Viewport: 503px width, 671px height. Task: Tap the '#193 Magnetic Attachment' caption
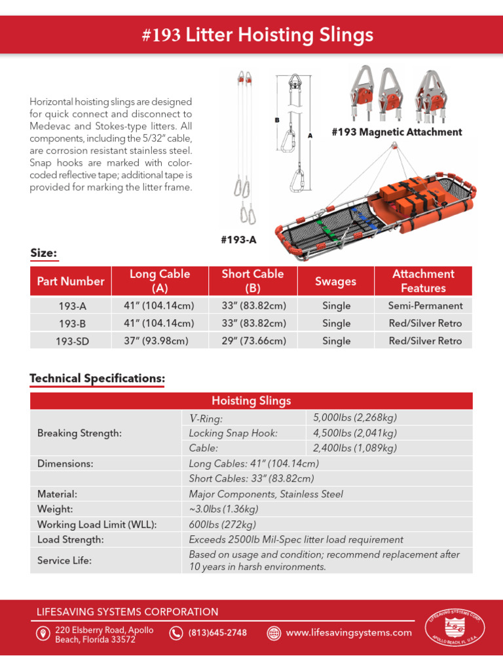click(x=396, y=132)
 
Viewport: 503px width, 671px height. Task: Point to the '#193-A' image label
click(x=238, y=240)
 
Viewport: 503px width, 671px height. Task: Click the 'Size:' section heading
click(x=44, y=253)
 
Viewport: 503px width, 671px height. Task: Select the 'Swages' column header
click(x=335, y=281)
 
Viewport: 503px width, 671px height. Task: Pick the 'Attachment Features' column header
click(x=423, y=281)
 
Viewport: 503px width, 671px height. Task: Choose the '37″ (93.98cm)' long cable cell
click(x=159, y=341)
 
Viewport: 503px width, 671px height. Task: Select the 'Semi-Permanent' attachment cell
click(x=425, y=305)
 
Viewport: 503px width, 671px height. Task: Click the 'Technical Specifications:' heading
click(x=97, y=379)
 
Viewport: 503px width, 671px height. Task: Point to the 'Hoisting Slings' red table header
click(x=251, y=401)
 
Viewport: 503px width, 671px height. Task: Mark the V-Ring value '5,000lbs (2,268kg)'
click(x=355, y=418)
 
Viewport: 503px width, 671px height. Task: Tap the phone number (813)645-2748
click(x=217, y=633)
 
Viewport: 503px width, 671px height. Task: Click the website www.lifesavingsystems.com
click(x=348, y=633)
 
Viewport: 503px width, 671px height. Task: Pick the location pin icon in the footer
click(x=43, y=634)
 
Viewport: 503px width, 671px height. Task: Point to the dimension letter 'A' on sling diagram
click(x=310, y=135)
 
